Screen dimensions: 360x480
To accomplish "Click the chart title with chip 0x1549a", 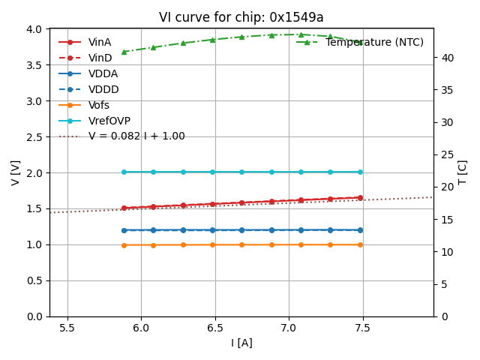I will pyautogui.click(x=241, y=17).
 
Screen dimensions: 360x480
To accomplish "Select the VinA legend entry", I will pyautogui.click(x=100, y=42).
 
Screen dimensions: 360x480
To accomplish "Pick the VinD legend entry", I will pyautogui.click(x=100, y=58).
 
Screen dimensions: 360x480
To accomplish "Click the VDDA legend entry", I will pyautogui.click(x=103, y=73).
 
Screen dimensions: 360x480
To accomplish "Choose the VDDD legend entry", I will pyautogui.click(x=103, y=89).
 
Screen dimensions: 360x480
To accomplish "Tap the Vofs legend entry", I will pyautogui.click(x=99, y=105).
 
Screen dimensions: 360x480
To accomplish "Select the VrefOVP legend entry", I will pyautogui.click(x=109, y=121).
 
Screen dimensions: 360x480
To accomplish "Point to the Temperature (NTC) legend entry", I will pyautogui.click(x=374, y=42).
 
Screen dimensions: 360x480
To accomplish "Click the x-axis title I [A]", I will pyautogui.click(x=241, y=343).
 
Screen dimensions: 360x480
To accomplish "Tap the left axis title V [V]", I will pyautogui.click(x=16, y=172).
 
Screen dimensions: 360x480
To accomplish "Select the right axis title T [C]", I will pyautogui.click(x=463, y=172).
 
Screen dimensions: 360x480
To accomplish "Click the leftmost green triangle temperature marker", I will pyautogui.click(x=124, y=52).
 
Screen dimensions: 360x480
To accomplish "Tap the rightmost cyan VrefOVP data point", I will pyautogui.click(x=360, y=172).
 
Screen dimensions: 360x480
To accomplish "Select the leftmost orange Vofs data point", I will pyautogui.click(x=124, y=244).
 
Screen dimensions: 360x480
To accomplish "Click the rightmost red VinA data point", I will pyautogui.click(x=360, y=198).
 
